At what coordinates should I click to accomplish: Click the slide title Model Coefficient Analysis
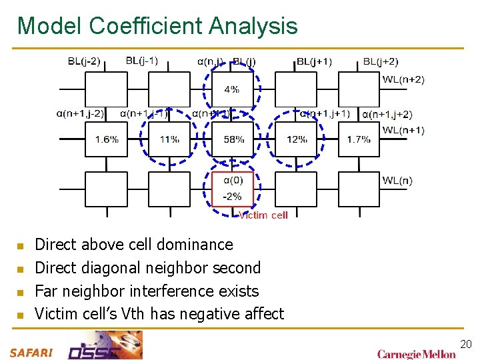pos(157,26)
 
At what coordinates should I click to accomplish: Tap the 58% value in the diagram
pos(233,139)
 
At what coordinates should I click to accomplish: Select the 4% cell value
pos(232,89)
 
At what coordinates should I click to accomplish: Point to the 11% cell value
pos(169,139)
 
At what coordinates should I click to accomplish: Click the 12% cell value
pos(297,139)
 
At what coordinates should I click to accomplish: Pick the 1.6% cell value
pos(107,139)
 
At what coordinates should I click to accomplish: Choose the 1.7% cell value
pos(359,139)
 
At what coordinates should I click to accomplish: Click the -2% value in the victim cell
pos(232,197)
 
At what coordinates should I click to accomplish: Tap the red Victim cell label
pos(263,215)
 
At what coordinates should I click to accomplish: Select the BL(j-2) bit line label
pos(84,61)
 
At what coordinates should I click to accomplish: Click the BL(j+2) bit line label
pos(381,61)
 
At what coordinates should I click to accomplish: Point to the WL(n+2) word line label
pos(403,79)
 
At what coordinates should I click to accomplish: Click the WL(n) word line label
pos(397,180)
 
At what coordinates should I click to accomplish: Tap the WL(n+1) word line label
pos(403,129)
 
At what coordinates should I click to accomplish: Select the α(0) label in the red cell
pos(233,180)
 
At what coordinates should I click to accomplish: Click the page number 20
pos(466,344)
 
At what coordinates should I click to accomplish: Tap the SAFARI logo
pos(31,353)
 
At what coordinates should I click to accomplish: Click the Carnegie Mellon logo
pos(417,353)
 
